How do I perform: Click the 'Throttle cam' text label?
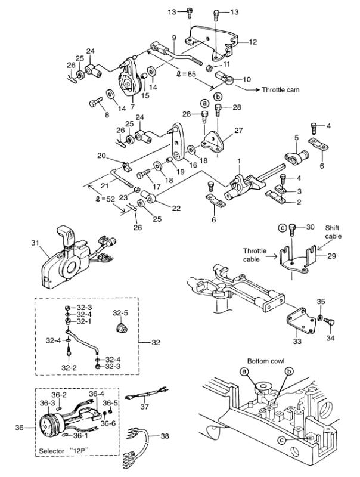coord(280,90)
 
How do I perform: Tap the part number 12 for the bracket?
coord(253,42)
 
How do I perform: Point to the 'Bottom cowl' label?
coord(266,361)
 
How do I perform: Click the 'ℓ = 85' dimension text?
coord(186,74)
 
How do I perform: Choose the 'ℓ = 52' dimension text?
coord(105,200)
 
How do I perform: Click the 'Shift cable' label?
coord(333,232)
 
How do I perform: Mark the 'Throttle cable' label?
coord(255,255)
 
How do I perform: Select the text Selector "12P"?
coord(64,451)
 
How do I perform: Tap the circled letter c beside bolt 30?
coord(282,227)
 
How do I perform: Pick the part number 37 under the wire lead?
coord(145,406)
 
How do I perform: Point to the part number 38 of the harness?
coord(165,436)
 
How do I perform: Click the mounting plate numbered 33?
coord(301,321)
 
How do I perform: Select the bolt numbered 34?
coord(328,321)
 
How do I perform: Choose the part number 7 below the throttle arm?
coord(132,107)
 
